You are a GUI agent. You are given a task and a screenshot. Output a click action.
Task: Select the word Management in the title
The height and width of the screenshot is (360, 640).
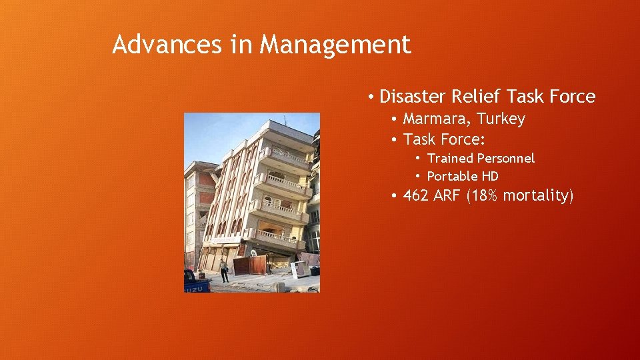(x=335, y=45)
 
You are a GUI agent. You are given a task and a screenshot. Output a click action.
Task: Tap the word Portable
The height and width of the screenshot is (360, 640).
(x=451, y=177)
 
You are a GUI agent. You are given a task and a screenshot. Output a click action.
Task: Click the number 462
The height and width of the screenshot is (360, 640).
(x=417, y=196)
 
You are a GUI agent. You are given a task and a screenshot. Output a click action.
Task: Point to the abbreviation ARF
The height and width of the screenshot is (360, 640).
(x=448, y=196)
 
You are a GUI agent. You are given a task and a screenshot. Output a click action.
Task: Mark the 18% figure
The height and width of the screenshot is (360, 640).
(x=486, y=196)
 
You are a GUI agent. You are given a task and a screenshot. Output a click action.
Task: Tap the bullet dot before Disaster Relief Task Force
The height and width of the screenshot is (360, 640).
(x=369, y=97)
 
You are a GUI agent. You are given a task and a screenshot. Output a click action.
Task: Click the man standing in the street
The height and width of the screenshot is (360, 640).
(x=224, y=270)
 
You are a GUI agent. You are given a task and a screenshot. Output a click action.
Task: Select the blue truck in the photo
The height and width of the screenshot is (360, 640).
(x=196, y=282)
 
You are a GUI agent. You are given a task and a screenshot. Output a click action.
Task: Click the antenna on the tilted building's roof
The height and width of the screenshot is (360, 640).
(x=285, y=121)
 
